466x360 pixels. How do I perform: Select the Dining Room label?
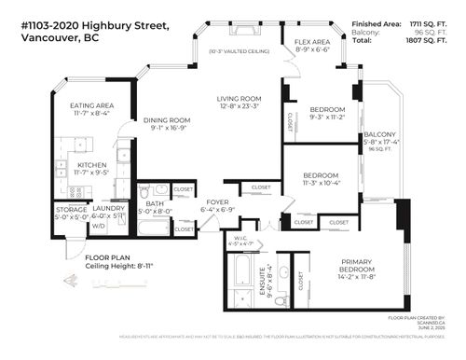point(167,120)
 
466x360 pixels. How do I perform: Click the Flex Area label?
point(311,42)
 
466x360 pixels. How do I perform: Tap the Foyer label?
point(217,201)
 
